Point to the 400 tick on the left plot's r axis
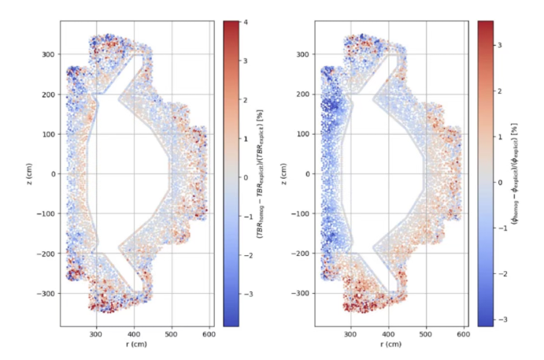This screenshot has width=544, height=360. click(x=133, y=334)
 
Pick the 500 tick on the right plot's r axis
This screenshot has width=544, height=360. click(x=426, y=334)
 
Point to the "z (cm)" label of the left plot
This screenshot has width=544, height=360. click(x=31, y=173)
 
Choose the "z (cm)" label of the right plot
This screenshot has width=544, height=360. click(x=286, y=173)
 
